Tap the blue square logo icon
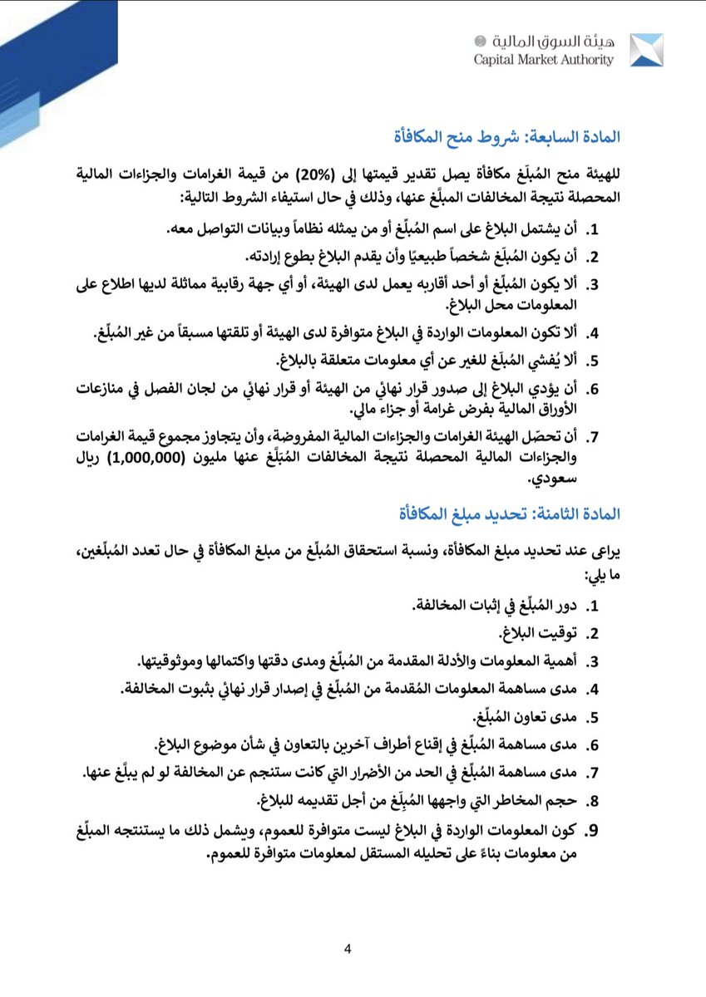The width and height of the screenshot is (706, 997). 646,50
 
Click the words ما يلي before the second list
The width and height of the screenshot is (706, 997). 602,575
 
